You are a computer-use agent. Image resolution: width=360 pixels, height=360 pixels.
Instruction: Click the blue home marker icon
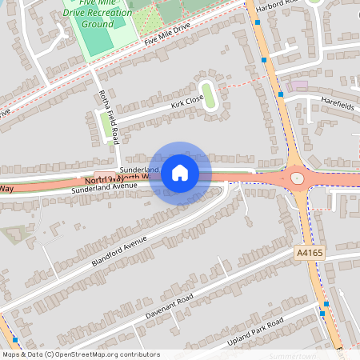(x=180, y=172)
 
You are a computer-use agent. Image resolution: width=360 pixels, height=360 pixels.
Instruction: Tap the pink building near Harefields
(x=299, y=85)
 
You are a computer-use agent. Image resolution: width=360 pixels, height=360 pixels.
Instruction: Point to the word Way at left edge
(x=6, y=189)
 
